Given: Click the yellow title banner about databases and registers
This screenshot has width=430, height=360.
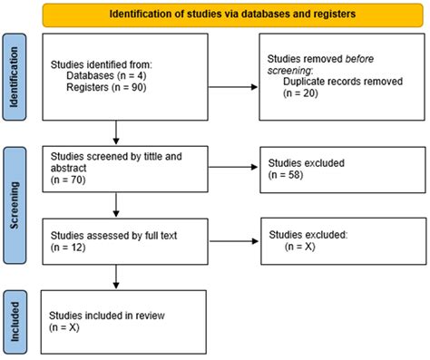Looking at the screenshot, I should tap(233, 15).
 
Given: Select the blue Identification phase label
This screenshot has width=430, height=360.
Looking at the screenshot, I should tap(15, 79).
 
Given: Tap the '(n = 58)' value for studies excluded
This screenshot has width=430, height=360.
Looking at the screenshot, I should tap(288, 179).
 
